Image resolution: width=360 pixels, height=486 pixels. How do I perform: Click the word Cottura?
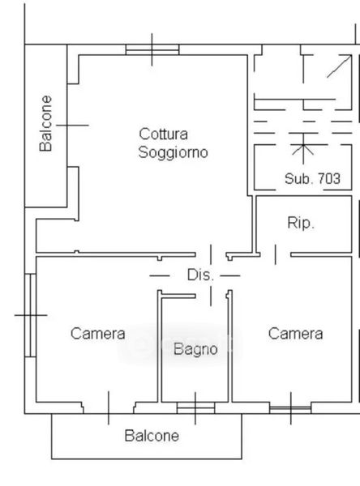point(163,134)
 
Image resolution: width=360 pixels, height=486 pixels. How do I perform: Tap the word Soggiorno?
point(173,152)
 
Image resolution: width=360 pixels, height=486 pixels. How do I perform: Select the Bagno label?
point(195,349)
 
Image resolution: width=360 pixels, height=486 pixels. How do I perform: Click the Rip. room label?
point(301,223)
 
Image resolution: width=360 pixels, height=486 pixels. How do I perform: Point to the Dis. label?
point(200,275)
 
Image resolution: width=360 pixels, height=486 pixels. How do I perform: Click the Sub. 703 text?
point(312,178)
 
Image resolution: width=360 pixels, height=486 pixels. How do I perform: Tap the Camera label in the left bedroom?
point(98,334)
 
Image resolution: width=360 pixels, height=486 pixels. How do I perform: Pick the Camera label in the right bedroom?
point(295,334)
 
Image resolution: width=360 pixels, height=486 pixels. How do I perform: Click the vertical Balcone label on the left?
point(45,123)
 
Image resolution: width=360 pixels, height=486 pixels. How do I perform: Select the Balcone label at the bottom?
point(152,436)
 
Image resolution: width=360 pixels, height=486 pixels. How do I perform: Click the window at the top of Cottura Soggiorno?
point(152,49)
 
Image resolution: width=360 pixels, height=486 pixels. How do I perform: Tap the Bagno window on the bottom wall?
point(195,408)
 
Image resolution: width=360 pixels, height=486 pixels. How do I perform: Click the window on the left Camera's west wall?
point(31,315)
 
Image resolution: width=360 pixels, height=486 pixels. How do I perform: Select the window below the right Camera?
point(290,408)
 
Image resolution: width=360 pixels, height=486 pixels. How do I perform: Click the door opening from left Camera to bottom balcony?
point(109,408)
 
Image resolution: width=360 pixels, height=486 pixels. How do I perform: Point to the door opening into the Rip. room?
point(276,254)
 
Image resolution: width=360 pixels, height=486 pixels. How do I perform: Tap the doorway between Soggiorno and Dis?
point(211,254)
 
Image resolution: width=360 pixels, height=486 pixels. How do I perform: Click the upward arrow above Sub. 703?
point(303,148)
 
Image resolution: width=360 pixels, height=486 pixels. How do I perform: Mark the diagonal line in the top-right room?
point(339,66)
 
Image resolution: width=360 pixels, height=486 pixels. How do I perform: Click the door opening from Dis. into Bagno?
point(211,296)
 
